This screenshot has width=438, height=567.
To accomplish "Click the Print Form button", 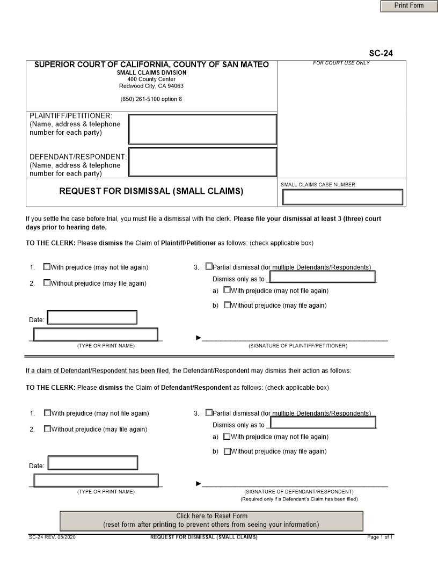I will point(409,6).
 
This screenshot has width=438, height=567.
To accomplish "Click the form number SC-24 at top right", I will point(381,53).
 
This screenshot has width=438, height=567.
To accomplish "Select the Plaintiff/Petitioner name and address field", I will point(202,129).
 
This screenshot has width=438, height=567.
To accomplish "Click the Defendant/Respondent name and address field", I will point(202,162).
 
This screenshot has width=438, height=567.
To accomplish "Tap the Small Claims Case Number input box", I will point(342,197).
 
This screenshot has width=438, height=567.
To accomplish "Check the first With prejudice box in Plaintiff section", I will point(47,267).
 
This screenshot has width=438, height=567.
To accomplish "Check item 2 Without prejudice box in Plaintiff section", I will point(47,283).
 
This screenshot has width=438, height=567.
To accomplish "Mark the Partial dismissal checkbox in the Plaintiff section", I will point(209,267).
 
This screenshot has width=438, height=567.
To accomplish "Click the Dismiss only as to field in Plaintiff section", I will point(322,277).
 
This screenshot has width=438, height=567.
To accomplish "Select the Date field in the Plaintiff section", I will point(92,317).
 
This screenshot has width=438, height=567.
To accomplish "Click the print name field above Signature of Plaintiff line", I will point(96,335).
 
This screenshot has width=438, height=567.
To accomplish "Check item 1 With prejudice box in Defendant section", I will point(47,413).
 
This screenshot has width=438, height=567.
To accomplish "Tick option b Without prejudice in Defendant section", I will point(227,451).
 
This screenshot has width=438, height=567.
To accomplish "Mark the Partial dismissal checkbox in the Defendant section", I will point(209,413).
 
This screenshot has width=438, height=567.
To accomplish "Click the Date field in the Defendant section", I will point(93,463).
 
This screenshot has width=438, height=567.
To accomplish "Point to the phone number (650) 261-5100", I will point(151,99).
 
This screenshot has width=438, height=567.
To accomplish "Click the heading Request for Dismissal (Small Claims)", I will point(151,191).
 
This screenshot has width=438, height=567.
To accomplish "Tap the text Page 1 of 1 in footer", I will point(380,537).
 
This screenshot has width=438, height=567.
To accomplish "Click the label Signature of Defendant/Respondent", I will point(299,491).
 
